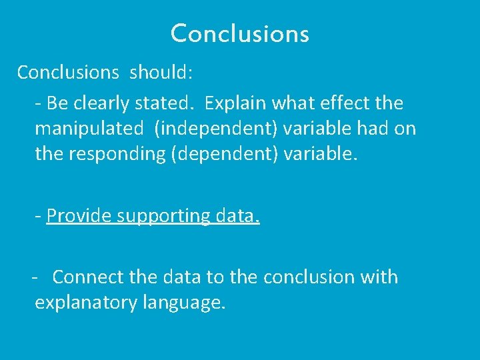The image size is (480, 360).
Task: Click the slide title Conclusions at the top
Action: click(x=240, y=33)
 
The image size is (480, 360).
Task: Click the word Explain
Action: click(x=233, y=103)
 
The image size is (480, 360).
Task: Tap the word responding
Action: click(x=117, y=154)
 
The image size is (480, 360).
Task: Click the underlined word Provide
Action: click(x=79, y=216)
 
